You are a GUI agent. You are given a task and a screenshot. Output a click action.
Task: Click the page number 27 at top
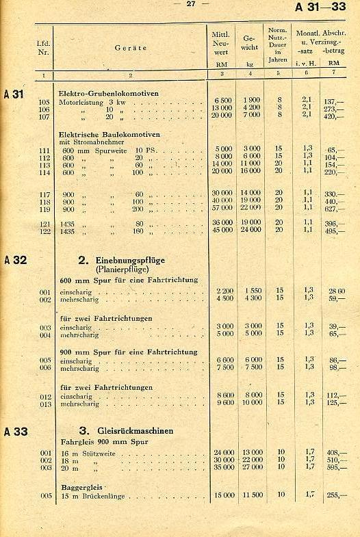190,4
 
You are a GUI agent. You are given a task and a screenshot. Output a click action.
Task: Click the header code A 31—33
320,7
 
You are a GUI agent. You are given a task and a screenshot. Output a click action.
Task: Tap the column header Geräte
131,48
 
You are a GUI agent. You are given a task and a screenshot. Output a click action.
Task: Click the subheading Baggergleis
79,486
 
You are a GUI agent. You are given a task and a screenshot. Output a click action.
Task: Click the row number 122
44,231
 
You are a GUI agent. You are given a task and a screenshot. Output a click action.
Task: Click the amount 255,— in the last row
335,495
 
